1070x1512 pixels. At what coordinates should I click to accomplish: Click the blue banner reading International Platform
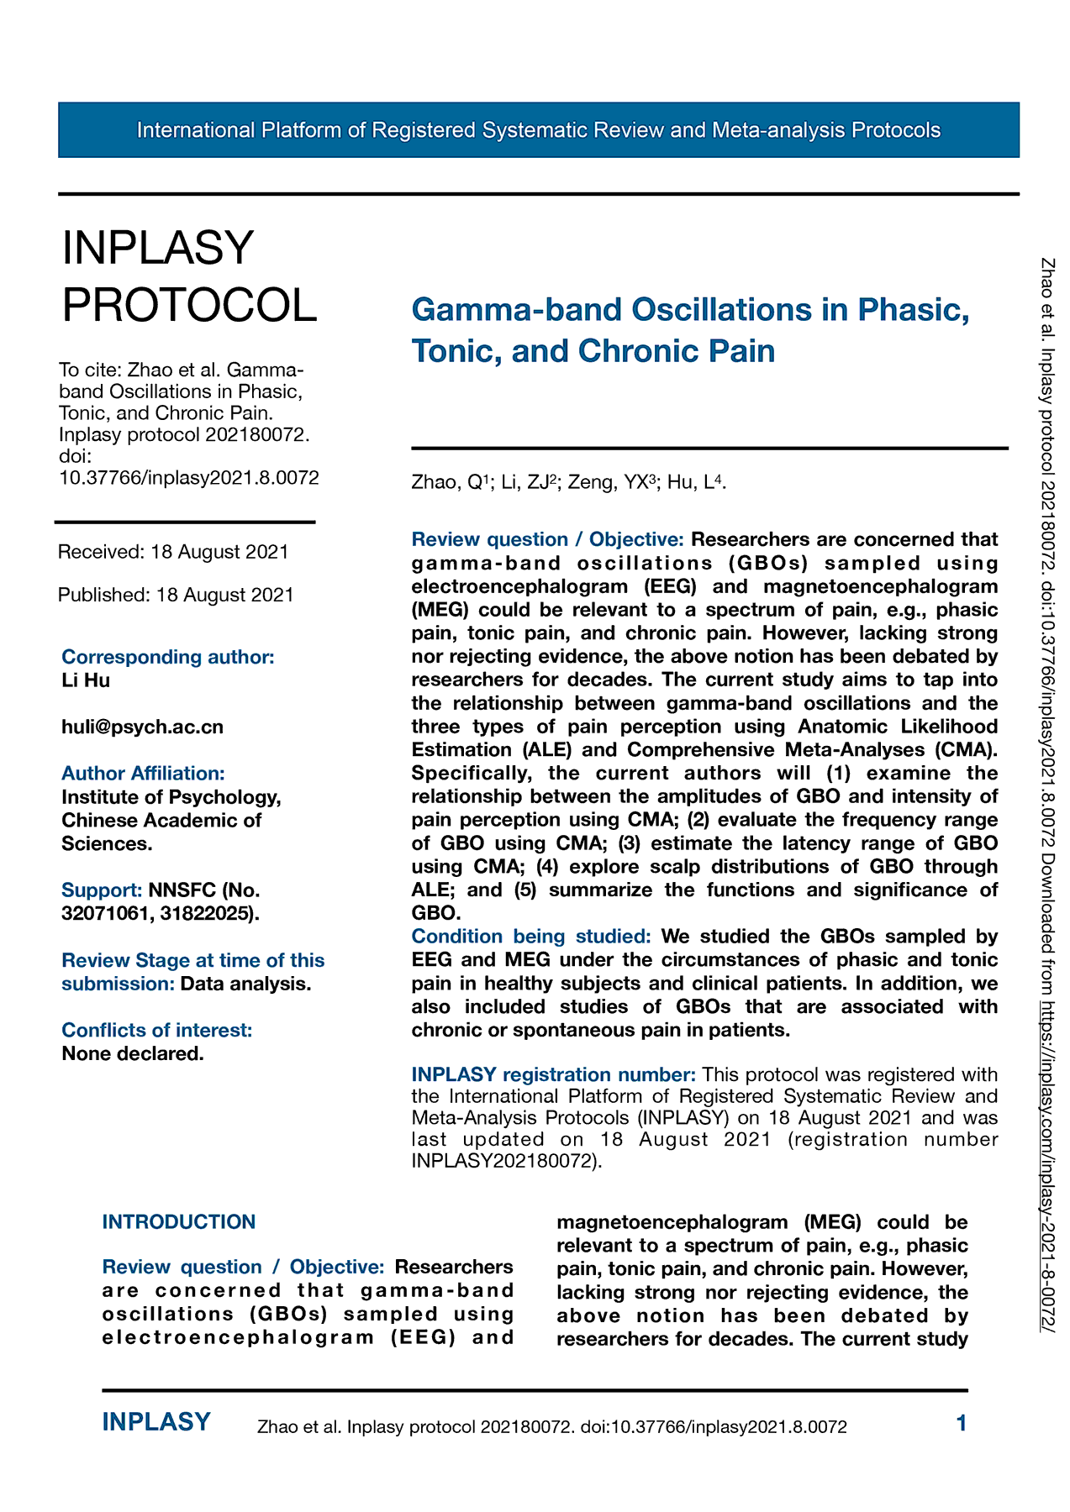(538, 130)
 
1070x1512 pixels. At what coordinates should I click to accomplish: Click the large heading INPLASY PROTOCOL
(189, 276)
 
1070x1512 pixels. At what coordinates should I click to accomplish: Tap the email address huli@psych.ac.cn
(143, 727)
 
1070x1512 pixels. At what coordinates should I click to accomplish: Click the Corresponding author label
(168, 657)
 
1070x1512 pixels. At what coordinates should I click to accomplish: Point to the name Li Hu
(86, 680)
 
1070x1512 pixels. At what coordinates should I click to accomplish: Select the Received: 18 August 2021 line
(173, 552)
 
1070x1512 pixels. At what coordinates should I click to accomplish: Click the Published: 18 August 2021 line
(176, 595)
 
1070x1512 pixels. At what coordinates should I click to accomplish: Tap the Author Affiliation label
(143, 773)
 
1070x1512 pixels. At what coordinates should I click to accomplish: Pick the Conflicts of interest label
(157, 1030)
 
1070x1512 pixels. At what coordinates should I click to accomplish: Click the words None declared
(133, 1053)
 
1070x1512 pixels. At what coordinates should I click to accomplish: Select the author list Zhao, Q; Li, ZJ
(568, 482)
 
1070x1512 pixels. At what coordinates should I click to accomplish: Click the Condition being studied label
(531, 936)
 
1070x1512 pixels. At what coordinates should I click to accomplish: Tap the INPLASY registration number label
(553, 1074)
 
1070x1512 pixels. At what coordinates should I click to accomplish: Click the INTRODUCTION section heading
(179, 1221)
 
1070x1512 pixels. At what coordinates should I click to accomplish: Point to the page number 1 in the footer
(962, 1423)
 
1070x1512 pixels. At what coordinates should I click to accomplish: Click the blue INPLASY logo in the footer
(156, 1422)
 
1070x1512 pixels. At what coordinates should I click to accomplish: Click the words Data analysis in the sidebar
(246, 984)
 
